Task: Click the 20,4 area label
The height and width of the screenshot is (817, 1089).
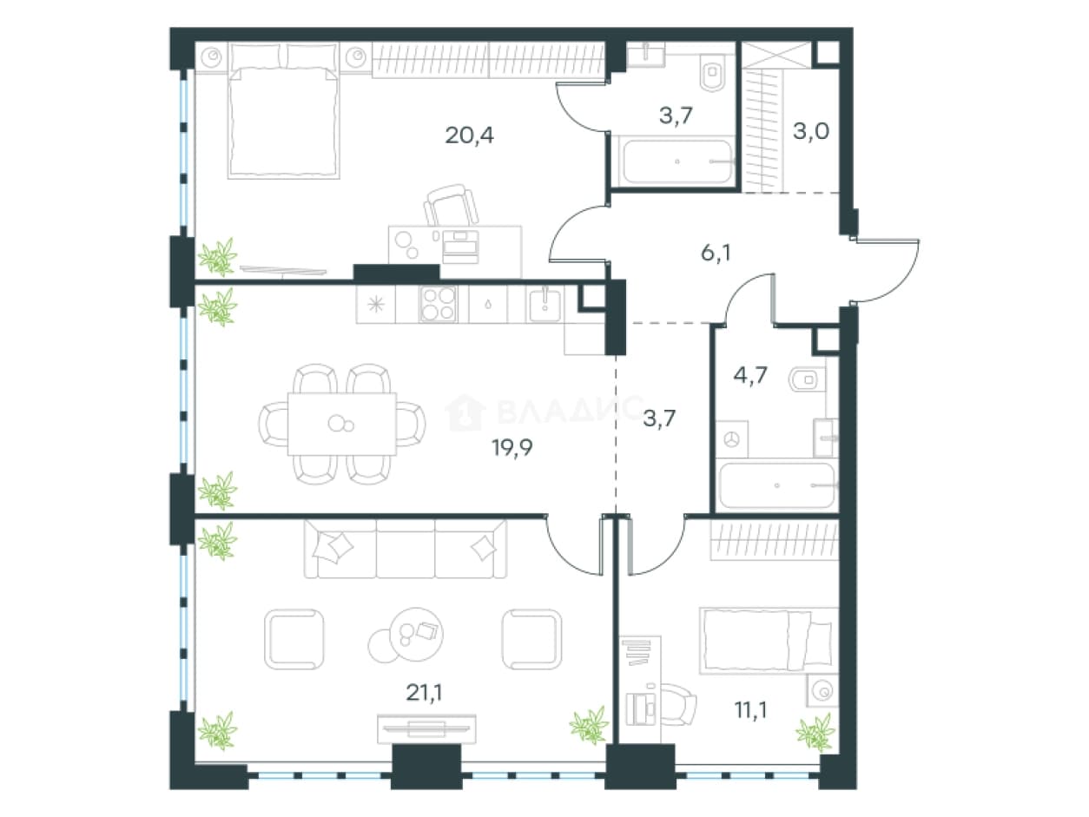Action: [469, 135]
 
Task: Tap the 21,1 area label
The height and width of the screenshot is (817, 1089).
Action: [424, 693]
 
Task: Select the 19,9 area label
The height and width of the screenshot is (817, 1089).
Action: [512, 448]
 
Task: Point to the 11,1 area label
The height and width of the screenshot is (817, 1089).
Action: [750, 710]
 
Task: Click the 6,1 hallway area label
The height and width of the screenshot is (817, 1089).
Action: [716, 253]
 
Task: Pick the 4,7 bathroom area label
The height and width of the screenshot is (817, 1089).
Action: [750, 375]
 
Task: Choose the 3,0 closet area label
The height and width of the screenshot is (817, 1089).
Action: [811, 131]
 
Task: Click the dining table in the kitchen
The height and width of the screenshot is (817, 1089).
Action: [342, 424]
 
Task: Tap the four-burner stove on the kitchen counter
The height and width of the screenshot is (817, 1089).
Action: [438, 304]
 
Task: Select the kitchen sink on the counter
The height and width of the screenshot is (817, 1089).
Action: [544, 305]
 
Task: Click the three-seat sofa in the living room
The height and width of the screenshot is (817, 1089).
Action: [406, 549]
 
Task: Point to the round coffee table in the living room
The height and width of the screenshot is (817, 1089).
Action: [416, 635]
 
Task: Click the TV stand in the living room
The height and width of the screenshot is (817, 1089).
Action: [426, 728]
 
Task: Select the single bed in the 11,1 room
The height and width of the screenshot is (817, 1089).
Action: [768, 641]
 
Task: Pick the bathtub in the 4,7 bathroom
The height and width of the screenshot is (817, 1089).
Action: [777, 485]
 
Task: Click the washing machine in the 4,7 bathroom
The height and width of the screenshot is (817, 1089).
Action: [732, 439]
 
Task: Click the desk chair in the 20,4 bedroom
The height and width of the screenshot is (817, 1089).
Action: [452, 206]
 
